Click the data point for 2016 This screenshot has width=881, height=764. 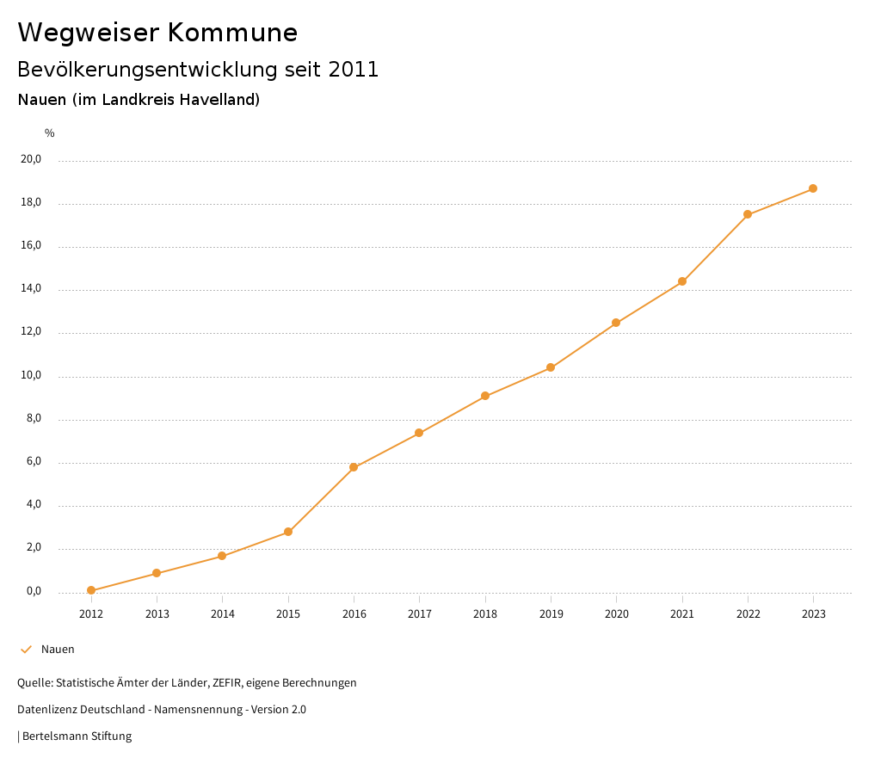click(354, 467)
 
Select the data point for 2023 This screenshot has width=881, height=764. click(813, 188)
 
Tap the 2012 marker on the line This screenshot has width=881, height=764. click(91, 590)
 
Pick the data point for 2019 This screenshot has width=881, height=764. click(551, 367)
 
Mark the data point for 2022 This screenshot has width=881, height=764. click(748, 214)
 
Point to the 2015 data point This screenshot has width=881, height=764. click(288, 532)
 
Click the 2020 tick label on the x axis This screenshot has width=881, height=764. click(616, 614)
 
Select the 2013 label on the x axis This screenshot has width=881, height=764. click(157, 614)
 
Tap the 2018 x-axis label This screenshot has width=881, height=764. click(485, 614)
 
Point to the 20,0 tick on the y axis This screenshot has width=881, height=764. click(31, 159)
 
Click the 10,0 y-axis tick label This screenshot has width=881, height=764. click(31, 375)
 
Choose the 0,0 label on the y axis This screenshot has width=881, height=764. click(34, 591)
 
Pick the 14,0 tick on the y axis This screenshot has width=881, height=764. click(31, 289)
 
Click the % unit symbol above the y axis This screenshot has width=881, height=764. click(50, 133)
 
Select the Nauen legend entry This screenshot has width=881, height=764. click(58, 650)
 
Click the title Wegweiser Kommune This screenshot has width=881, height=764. click(157, 33)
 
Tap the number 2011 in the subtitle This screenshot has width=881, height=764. click(354, 70)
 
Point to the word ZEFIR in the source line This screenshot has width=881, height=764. click(228, 683)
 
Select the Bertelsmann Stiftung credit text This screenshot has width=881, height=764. click(77, 736)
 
